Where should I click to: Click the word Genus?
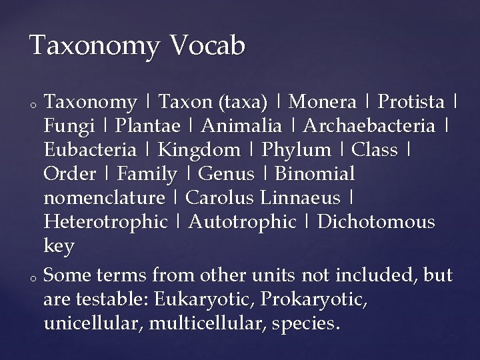click(x=227, y=174)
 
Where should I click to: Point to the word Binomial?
click(x=315, y=174)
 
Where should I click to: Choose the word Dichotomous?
click(x=377, y=222)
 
